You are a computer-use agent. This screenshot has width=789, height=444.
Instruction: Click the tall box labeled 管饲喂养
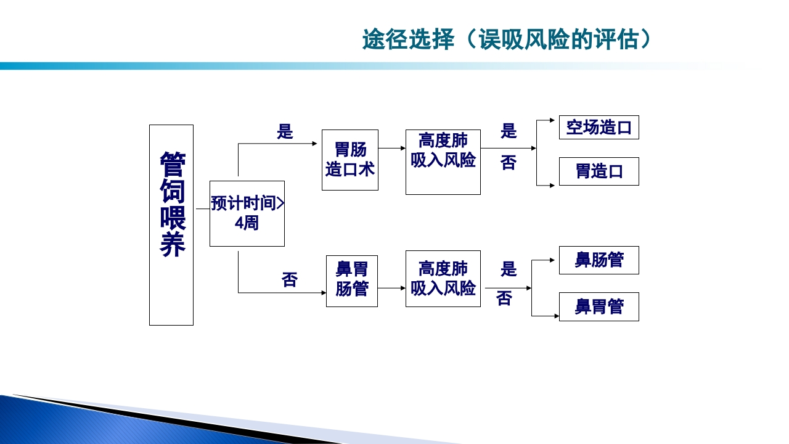coord(171,224)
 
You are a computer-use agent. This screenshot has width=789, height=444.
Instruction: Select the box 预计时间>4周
coord(247,213)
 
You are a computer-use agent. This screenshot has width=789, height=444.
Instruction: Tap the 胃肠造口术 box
coord(350,160)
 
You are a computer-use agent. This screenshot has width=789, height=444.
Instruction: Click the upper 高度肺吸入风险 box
coord(443,162)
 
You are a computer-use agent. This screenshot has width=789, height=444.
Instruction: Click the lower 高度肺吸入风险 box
coord(443,279)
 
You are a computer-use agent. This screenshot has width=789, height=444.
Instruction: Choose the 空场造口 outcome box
coord(599,128)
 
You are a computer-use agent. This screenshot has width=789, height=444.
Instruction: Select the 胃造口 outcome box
coord(599,171)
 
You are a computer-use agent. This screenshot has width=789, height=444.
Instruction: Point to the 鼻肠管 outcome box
coord(599,260)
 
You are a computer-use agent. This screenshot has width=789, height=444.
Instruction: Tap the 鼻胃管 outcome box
coord(599,306)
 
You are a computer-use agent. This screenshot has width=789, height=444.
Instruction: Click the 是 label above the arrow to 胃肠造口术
coord(285,131)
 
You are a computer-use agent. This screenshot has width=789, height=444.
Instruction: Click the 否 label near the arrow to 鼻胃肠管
coord(290,280)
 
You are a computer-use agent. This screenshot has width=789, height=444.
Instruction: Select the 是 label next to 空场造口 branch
coord(509,131)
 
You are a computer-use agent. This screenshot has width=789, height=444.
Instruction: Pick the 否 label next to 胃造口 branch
coord(509,163)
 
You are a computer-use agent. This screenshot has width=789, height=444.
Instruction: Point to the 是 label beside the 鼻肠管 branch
coord(509,269)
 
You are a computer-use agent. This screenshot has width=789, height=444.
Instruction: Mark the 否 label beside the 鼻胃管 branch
coord(504,299)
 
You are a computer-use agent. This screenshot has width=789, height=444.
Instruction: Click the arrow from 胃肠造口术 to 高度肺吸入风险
coord(391,148)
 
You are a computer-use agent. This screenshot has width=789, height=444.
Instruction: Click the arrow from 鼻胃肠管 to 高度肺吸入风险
coord(391,288)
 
